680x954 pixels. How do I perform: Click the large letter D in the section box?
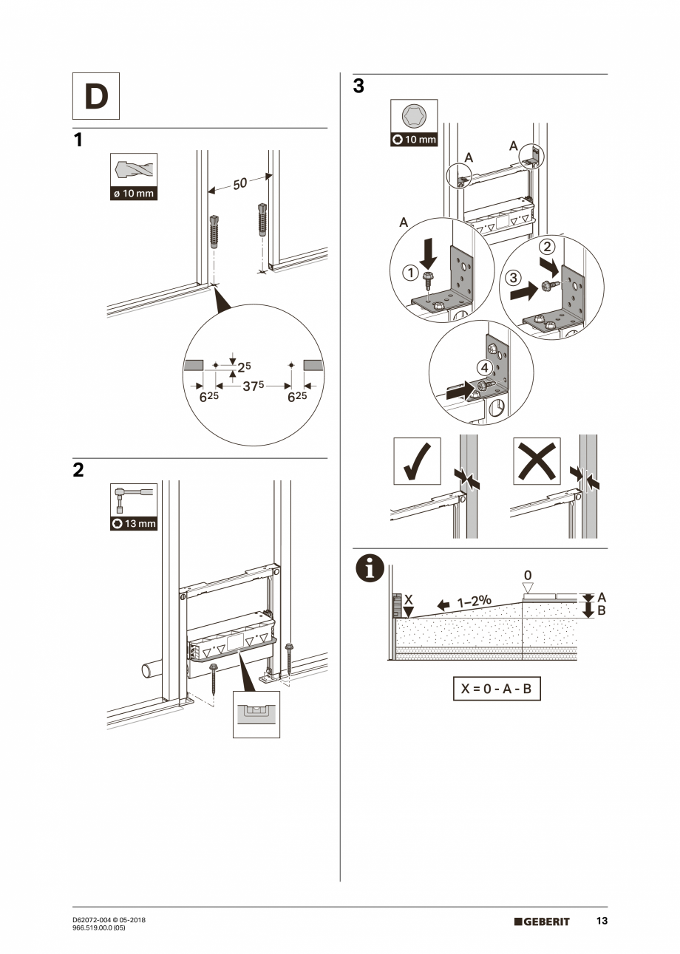coord(96,97)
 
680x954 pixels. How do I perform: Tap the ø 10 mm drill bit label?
coord(133,194)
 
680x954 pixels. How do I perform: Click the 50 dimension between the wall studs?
coord(239,183)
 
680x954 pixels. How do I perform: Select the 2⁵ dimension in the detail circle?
coord(243,365)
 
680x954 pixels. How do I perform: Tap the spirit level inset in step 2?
coord(256,714)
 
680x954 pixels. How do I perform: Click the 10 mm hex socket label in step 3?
coord(414,139)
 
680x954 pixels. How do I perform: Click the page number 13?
coord(602,921)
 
